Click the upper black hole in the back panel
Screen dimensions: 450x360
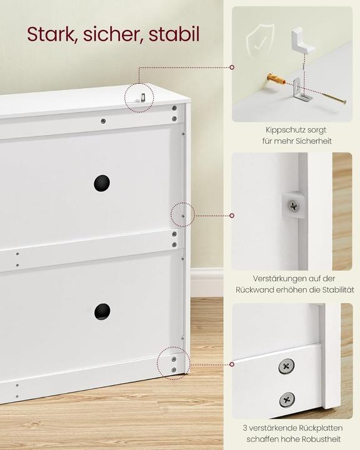coord(102,183)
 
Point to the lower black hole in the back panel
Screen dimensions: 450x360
coord(102,311)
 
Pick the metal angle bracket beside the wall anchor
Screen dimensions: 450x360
coord(301,92)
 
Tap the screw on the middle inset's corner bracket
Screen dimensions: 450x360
coord(292,204)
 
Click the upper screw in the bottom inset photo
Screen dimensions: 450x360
coord(287,366)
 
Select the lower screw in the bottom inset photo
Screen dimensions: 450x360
coord(287,399)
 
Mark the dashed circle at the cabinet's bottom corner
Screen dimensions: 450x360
coord(172,362)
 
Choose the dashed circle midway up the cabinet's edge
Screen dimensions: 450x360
coord(182,215)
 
